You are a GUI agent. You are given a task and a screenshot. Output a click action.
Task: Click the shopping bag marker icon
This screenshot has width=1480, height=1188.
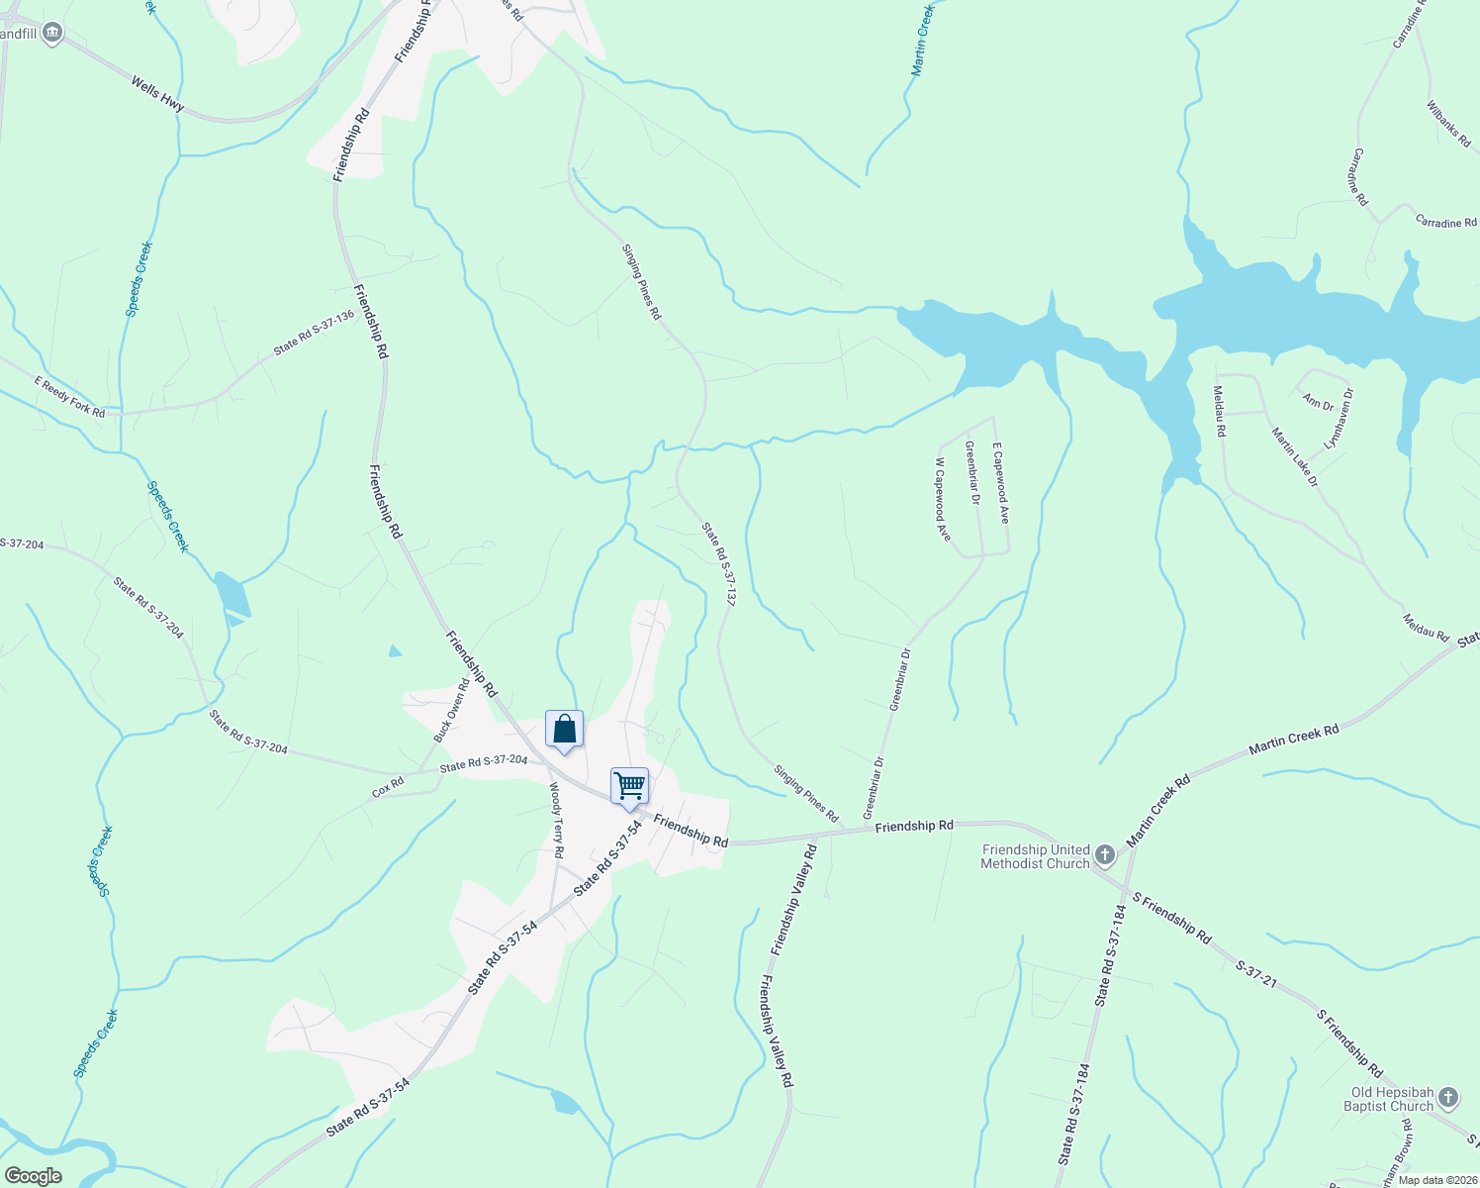point(564,730)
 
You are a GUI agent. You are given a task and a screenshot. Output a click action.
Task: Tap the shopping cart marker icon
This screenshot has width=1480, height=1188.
point(629,786)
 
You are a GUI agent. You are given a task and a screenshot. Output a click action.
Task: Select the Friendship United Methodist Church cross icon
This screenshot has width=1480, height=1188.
point(1105,855)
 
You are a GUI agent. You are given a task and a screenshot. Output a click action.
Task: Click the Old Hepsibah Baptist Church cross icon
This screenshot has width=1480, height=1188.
point(1447,1097)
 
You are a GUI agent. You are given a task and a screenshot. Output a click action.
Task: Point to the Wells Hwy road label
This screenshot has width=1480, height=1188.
point(157,95)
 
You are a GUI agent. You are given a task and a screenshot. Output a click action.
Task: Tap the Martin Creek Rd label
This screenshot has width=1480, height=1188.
point(1293,739)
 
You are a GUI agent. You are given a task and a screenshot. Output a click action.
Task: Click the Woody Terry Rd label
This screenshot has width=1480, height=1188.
point(556,820)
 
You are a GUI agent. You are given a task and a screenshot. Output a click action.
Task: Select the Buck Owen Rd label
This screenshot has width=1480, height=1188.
point(451,710)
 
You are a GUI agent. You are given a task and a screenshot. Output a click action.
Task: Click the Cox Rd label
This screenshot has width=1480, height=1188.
point(388,788)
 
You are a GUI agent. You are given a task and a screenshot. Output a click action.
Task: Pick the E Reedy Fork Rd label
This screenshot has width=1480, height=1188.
point(69,396)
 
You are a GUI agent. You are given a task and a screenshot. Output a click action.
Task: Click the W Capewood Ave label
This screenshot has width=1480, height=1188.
point(943,499)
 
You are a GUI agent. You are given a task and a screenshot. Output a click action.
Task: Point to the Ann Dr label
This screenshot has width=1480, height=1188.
point(1318,403)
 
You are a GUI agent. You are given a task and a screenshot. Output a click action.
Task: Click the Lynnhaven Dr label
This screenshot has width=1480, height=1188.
point(1340,419)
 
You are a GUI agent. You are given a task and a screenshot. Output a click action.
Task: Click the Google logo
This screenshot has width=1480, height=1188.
point(33,1176)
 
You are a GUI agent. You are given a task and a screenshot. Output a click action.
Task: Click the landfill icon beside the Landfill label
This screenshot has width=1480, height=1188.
point(52,34)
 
